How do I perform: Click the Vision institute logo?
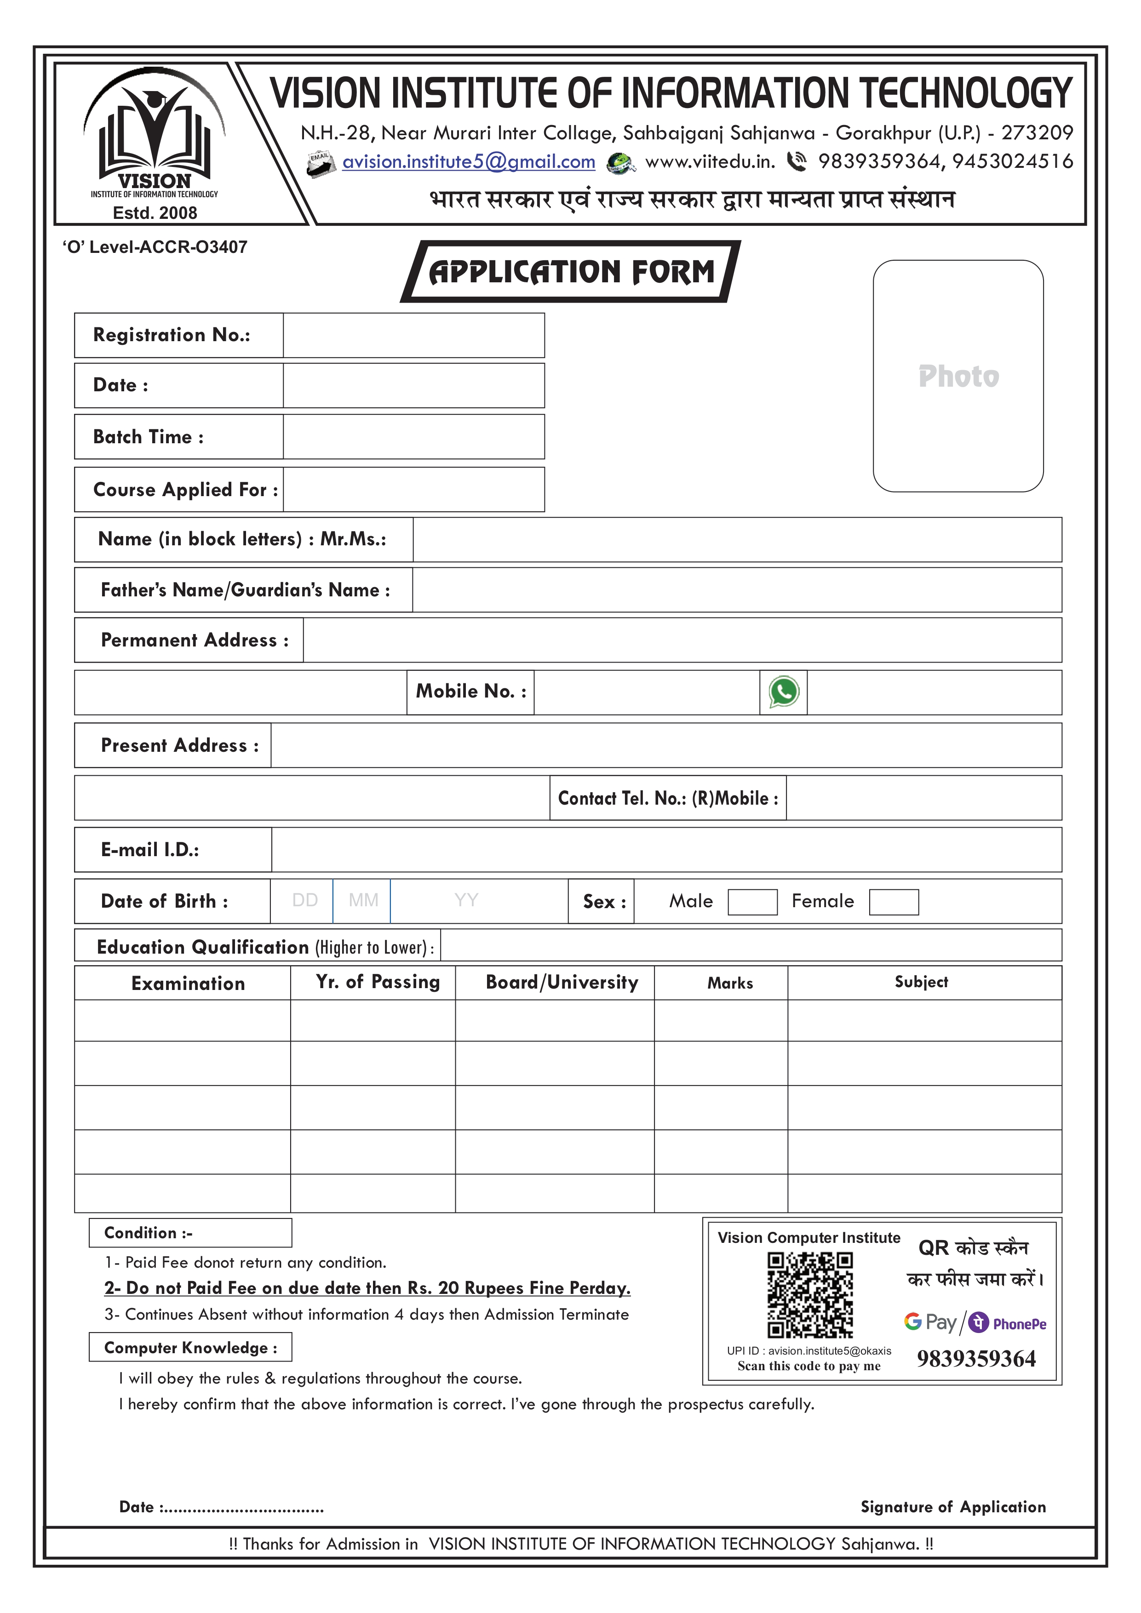pyautogui.click(x=155, y=133)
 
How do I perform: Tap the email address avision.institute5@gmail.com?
pyautogui.click(x=469, y=162)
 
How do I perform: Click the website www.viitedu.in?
pyautogui.click(x=710, y=162)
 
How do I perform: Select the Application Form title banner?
pyautogui.click(x=570, y=272)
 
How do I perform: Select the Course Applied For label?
pyautogui.click(x=185, y=490)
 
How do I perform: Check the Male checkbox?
pyautogui.click(x=752, y=902)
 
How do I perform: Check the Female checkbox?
pyautogui.click(x=893, y=902)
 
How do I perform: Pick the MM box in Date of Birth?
pyautogui.click(x=362, y=901)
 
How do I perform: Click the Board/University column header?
pyautogui.click(x=562, y=982)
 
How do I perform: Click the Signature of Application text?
pyautogui.click(x=953, y=1507)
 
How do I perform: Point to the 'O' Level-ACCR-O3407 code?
pyautogui.click(x=155, y=247)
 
